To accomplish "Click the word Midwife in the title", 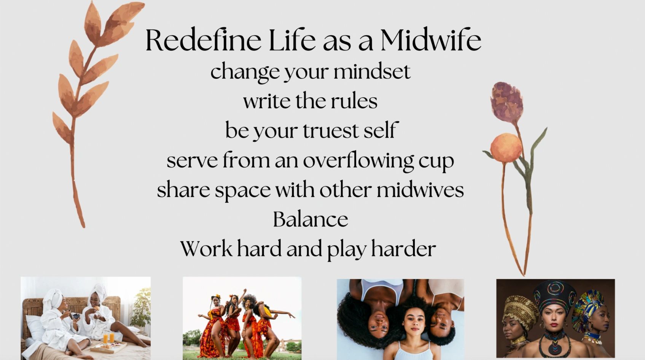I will pyautogui.click(x=431, y=40).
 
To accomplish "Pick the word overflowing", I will pyautogui.click(x=358, y=160).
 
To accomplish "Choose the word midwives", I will pyautogui.click(x=420, y=190).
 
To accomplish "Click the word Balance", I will pyautogui.click(x=311, y=219).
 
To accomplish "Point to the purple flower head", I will pyautogui.click(x=506, y=100).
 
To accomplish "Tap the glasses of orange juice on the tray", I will pyautogui.click(x=108, y=338).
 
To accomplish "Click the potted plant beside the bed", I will pyautogui.click(x=141, y=308).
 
